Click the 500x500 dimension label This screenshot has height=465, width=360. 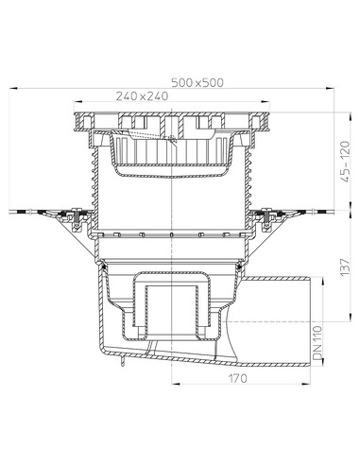(x=197, y=82)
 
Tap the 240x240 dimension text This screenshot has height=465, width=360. (x=142, y=95)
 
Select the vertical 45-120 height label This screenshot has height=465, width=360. (x=346, y=162)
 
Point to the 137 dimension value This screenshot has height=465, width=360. (x=345, y=267)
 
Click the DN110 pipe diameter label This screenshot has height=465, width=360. (x=317, y=343)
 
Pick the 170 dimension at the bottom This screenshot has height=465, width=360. (x=238, y=378)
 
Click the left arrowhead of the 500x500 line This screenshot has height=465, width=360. (x=13, y=89)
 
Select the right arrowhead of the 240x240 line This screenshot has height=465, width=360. (x=266, y=101)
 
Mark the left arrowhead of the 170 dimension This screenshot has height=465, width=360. (x=176, y=384)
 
